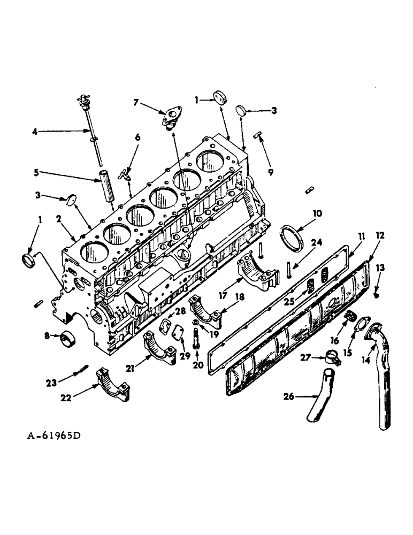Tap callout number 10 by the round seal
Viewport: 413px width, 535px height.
click(x=317, y=213)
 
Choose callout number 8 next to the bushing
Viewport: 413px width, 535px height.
click(x=47, y=336)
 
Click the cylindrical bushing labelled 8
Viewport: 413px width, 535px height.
click(x=67, y=339)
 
